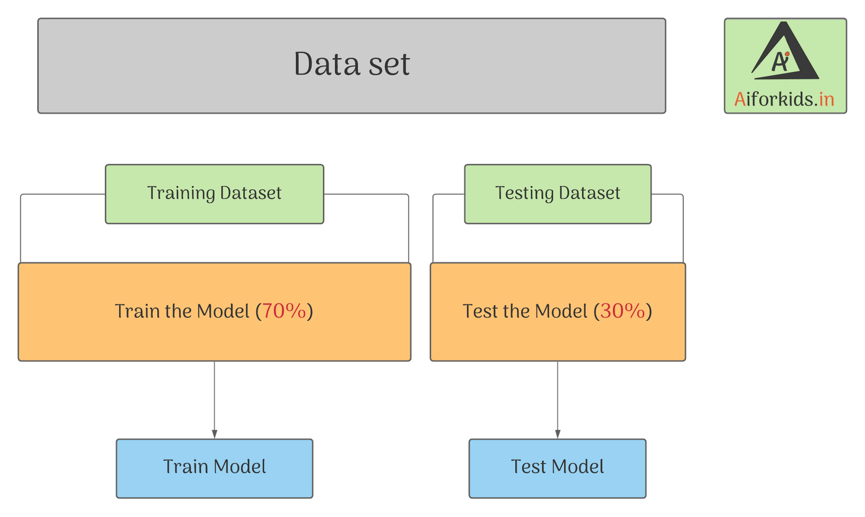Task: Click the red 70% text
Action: (284, 311)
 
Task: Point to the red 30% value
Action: (623, 311)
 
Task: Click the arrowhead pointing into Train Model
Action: (215, 434)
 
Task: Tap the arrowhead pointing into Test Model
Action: (557, 434)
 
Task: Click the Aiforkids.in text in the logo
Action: (784, 100)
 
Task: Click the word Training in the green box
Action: (181, 193)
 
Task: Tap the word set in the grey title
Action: (389, 64)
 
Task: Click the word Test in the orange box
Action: (480, 311)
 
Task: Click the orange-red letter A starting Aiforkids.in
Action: (740, 100)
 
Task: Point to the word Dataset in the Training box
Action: (251, 193)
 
